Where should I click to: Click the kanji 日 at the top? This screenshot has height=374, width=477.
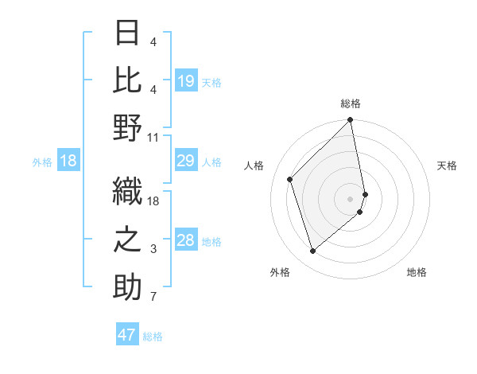(127, 34)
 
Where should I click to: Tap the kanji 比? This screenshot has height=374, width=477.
(127, 80)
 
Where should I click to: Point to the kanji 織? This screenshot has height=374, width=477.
(127, 191)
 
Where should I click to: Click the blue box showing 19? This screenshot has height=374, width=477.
(186, 81)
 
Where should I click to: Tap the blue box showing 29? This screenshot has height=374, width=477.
(186, 162)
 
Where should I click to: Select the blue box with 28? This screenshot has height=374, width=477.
(186, 241)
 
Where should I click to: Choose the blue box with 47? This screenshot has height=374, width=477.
(127, 335)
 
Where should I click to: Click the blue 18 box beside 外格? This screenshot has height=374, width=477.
(68, 162)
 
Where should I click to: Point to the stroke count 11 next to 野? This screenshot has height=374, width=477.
(153, 137)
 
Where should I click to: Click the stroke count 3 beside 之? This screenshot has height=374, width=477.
(153, 249)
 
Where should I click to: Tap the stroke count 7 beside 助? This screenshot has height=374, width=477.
(153, 298)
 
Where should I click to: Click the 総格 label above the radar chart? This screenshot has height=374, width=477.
(351, 103)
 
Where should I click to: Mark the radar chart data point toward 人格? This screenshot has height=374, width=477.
(290, 179)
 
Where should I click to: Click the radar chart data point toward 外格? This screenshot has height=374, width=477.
(313, 251)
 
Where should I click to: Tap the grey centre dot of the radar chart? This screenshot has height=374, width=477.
(351, 198)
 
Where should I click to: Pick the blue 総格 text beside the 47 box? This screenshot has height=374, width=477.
(153, 337)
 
